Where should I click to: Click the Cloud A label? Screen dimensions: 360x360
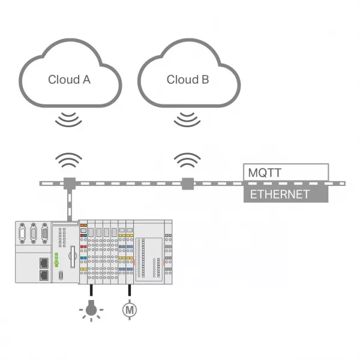69,80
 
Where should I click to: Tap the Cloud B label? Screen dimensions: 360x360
188,80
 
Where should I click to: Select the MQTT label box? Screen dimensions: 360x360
286,172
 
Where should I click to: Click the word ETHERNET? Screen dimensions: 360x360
280,194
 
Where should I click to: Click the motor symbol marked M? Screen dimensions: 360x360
130,310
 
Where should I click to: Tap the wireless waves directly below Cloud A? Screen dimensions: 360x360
68,119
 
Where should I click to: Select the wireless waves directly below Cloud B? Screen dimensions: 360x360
187,119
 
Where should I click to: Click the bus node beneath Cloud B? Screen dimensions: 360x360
188,184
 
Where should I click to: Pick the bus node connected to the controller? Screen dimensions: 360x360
70,184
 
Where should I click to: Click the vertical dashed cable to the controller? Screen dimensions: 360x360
70,205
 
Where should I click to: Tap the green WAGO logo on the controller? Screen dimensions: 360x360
56,260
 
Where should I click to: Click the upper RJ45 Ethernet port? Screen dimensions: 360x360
44,263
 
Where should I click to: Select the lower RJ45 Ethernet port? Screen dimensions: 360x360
44,275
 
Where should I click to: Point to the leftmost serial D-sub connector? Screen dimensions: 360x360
22,233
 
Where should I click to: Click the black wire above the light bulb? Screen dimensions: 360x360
91,290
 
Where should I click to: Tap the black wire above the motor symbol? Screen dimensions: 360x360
130,290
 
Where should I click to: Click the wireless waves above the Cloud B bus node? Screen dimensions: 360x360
187,160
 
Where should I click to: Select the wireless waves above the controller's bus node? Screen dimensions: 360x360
68,160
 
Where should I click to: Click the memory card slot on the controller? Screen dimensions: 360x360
73,257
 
